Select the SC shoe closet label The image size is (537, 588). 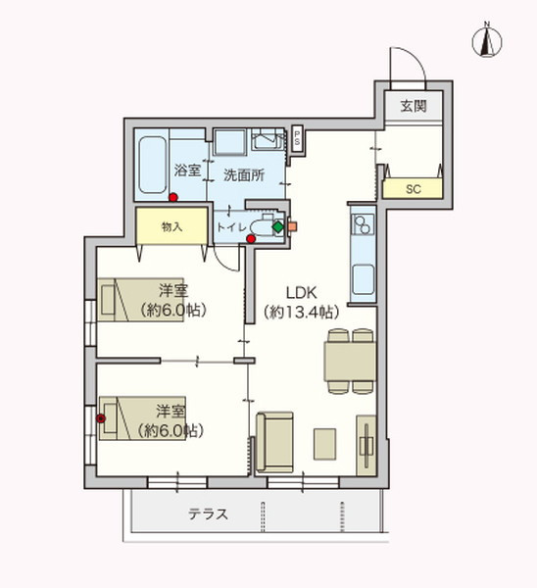click(413, 188)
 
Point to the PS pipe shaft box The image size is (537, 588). click(297, 138)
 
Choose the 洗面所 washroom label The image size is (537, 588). click(244, 176)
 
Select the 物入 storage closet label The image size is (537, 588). click(171, 226)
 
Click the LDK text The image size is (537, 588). click(301, 292)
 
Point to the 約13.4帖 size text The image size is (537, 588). click(301, 313)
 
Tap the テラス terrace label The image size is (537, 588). click(208, 514)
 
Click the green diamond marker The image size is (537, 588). click(277, 228)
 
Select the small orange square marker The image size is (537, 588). click(291, 228)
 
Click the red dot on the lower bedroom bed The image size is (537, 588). click(101, 419)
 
